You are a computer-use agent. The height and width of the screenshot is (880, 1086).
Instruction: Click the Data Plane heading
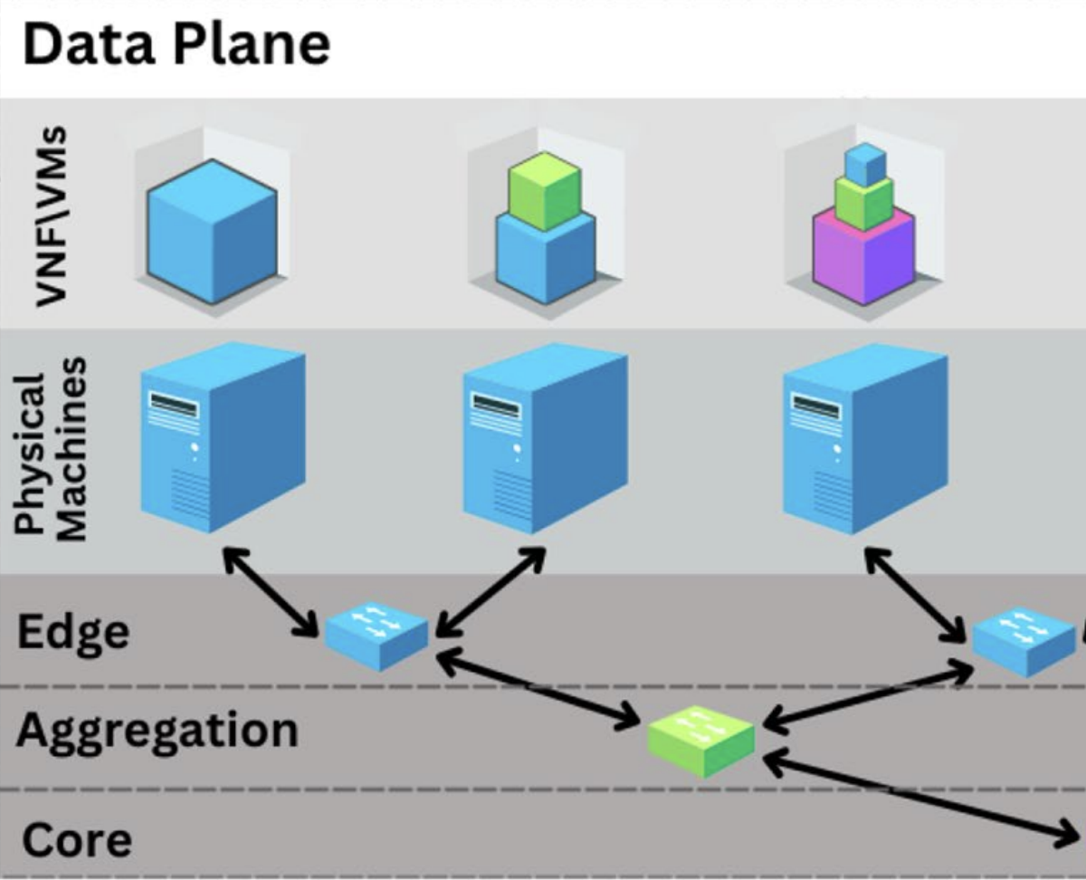176,45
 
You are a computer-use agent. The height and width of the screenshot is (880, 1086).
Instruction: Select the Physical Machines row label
52,450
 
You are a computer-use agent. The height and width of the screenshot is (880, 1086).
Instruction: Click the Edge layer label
72,631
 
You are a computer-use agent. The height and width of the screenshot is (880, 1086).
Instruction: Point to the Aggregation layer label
156,730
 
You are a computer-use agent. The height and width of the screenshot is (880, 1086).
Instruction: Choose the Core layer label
76,839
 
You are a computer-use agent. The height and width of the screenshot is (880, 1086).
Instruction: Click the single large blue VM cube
212,231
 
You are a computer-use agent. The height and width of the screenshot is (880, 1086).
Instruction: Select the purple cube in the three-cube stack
863,255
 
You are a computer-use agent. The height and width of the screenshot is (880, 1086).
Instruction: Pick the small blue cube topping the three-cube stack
864,165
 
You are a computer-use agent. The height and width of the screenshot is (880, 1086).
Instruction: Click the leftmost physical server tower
222,435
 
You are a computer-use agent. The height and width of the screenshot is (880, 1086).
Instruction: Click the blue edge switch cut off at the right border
1024,641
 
